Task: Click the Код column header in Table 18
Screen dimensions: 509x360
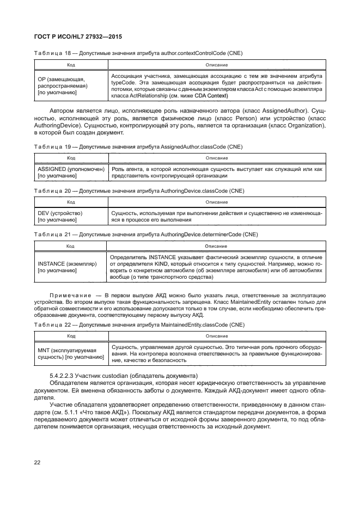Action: click(x=71, y=65)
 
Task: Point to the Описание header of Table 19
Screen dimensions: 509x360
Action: click(x=216, y=157)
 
